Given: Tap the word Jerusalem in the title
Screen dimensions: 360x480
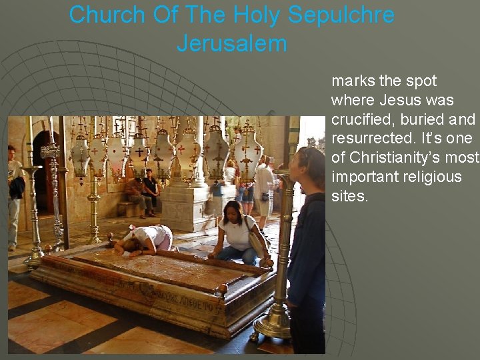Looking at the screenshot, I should (231, 44).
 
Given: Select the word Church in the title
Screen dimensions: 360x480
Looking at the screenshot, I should (107, 15).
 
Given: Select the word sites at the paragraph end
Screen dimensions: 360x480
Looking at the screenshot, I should (349, 196).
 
